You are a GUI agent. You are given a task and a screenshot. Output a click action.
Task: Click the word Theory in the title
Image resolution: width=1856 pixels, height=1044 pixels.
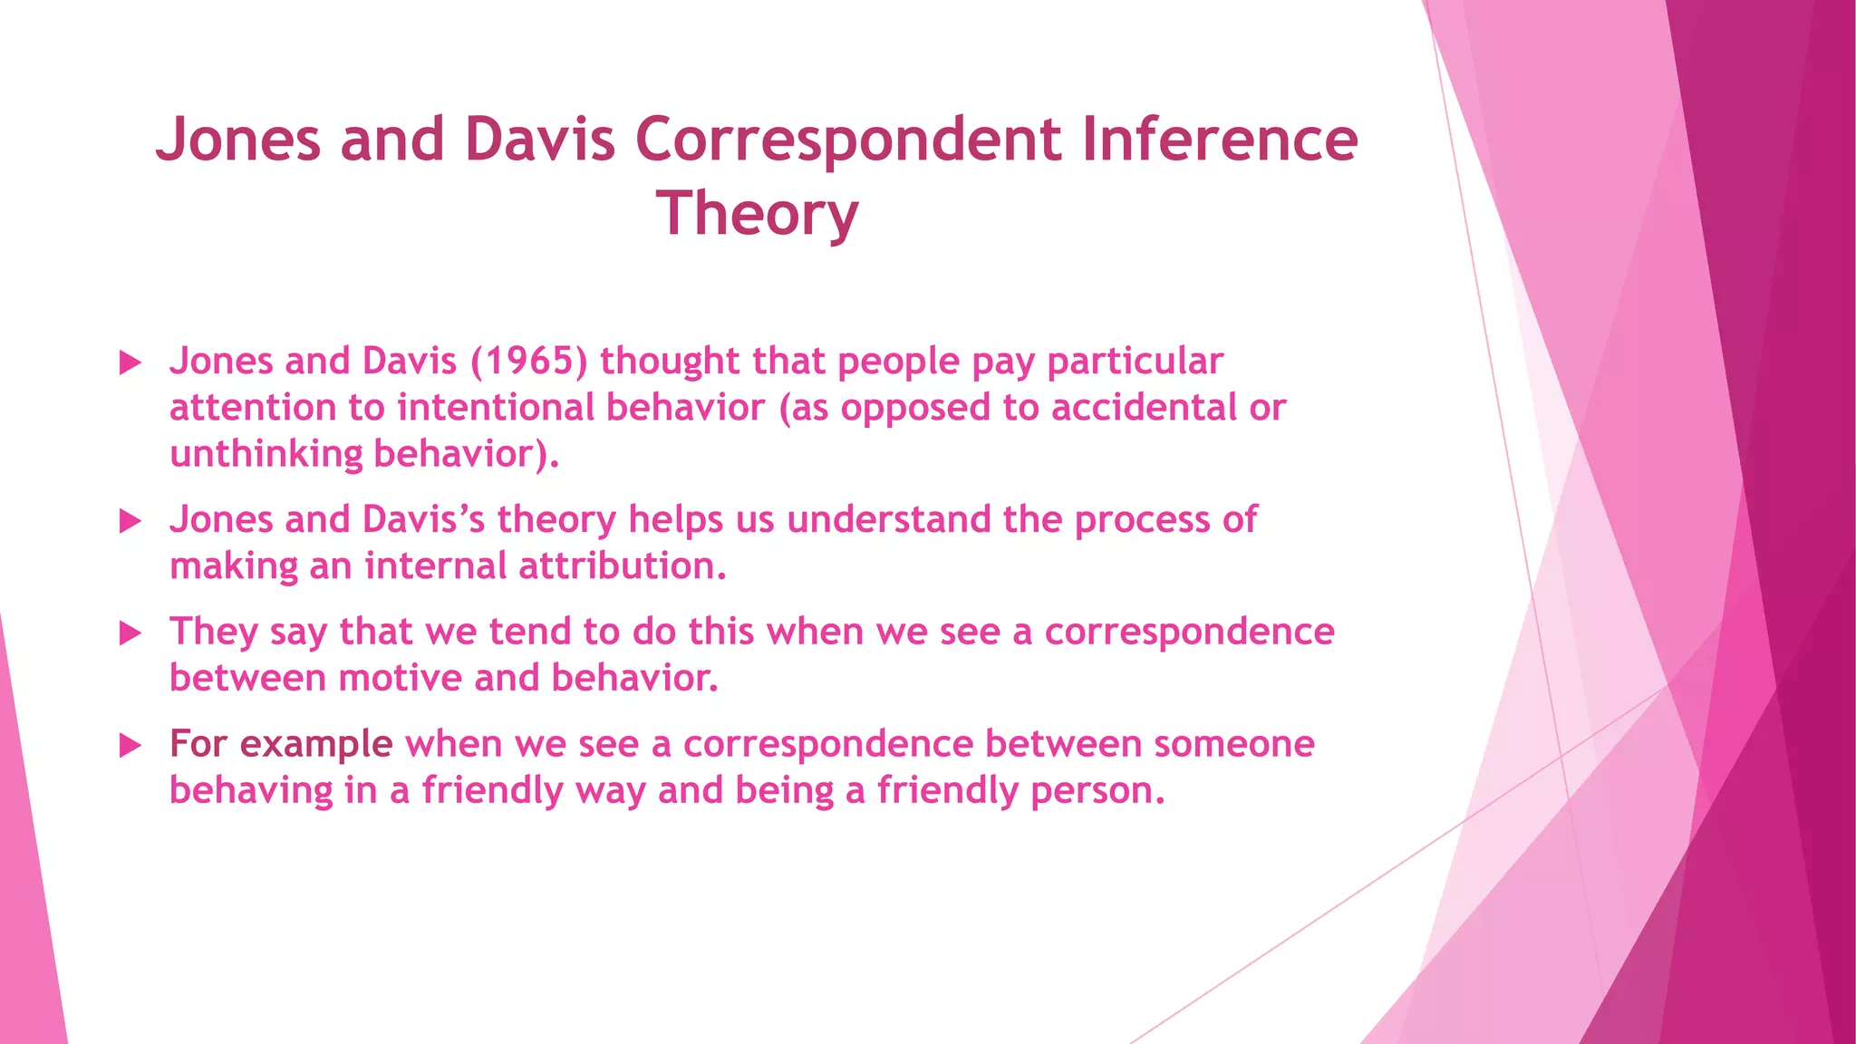[757, 214]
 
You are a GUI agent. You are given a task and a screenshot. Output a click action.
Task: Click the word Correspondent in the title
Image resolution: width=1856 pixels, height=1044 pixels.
[847, 140]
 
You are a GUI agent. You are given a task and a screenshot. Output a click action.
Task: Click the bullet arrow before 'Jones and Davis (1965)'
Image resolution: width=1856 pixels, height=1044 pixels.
[130, 363]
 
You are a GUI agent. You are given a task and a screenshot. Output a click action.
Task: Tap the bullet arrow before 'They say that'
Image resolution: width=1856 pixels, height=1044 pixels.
[130, 633]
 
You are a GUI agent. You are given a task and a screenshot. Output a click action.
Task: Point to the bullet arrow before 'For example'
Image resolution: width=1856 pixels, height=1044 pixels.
[130, 746]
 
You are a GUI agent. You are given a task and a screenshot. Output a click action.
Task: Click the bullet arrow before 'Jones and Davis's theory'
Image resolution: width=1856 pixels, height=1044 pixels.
[130, 521]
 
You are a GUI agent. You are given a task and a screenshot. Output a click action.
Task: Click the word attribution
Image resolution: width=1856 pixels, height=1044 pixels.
[622, 565]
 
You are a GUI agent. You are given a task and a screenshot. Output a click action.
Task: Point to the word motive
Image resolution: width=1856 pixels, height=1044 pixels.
[400, 678]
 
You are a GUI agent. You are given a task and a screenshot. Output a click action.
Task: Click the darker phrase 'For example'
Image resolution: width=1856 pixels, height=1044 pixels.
[281, 744]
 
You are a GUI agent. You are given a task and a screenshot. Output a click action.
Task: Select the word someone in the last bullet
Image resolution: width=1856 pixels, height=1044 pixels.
[1233, 744]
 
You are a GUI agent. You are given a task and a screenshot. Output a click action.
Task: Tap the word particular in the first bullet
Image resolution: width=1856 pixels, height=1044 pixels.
[1135, 361]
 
